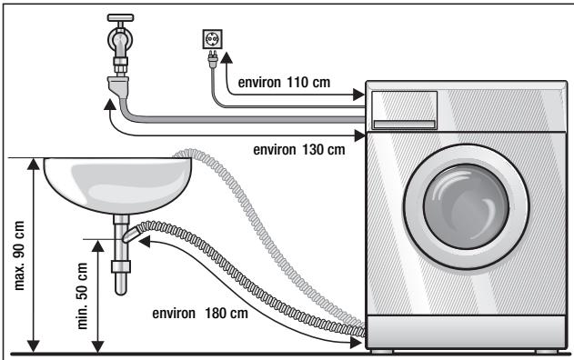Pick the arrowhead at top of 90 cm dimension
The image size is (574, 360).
click(x=35, y=164)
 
